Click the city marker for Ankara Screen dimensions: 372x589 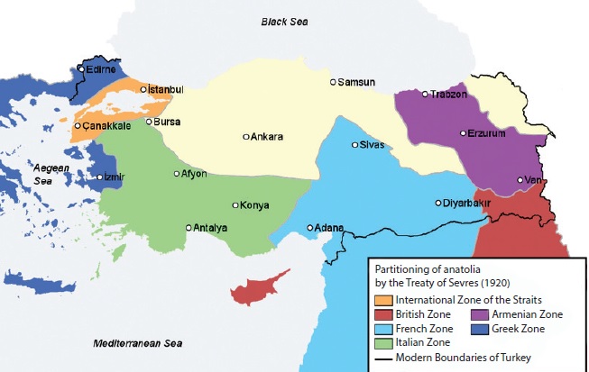(246, 137)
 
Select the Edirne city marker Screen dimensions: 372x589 (81, 68)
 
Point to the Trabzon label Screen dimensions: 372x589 (448, 94)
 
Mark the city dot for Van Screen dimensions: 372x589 (520, 180)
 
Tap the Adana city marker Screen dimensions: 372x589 (309, 228)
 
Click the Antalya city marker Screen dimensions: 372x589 (189, 228)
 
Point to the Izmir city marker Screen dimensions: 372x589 (100, 177)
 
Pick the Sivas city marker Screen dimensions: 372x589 (355, 144)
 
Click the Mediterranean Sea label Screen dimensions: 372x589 (137, 343)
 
